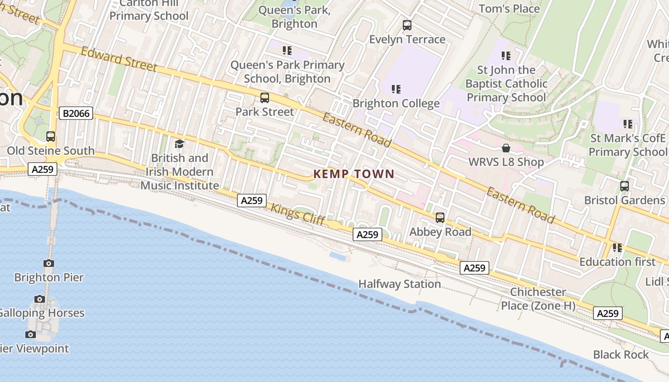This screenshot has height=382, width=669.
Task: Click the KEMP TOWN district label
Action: tap(354, 174)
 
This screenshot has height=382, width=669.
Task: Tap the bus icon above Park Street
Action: tap(265, 98)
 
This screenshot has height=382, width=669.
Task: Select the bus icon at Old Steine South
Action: tap(51, 137)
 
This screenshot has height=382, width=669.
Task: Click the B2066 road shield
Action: tap(76, 114)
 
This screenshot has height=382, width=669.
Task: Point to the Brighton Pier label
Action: tap(49, 277)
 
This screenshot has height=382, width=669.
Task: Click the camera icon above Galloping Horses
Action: tap(40, 299)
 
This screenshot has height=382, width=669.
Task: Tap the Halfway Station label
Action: tap(399, 284)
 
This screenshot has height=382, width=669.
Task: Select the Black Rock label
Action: tap(621, 355)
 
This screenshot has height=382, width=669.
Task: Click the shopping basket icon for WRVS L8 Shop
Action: tap(506, 149)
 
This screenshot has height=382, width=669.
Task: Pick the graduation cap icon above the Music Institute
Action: tap(179, 144)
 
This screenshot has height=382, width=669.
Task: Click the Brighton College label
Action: tap(396, 104)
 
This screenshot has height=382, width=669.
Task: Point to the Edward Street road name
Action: tap(119, 59)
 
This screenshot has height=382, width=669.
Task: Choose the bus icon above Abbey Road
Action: tap(440, 218)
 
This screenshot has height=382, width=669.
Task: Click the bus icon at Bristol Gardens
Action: tap(625, 186)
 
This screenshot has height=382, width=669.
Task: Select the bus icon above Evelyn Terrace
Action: tap(407, 25)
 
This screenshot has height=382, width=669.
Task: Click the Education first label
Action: tap(617, 262)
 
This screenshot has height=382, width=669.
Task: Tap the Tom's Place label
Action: tap(509, 9)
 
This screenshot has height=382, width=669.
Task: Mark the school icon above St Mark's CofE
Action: tap(628, 124)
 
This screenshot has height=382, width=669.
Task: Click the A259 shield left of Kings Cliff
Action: tap(252, 201)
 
